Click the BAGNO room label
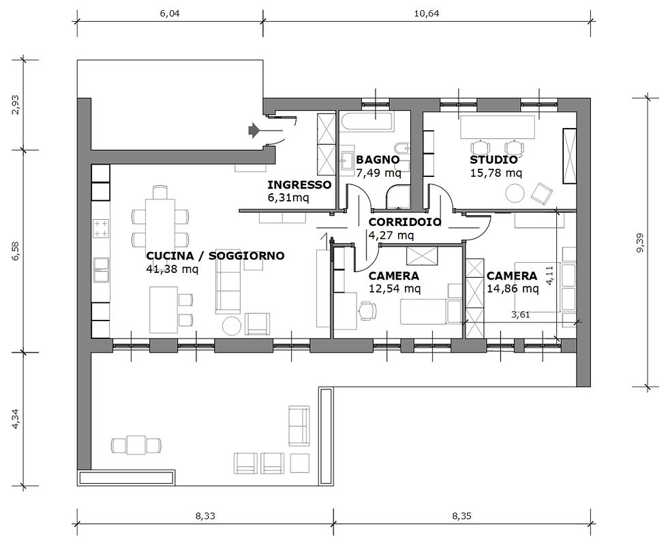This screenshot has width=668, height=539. [x=378, y=160]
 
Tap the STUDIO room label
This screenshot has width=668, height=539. [x=494, y=160]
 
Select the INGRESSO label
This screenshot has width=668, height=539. [x=299, y=185]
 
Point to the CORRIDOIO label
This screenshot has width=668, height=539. [x=405, y=222]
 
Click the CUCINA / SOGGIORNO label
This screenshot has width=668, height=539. [x=215, y=256]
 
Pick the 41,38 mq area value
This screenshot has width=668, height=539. [x=172, y=269]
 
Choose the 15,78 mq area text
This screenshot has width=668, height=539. [x=496, y=173]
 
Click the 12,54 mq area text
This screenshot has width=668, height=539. [x=395, y=289]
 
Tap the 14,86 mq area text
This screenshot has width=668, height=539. [x=513, y=289]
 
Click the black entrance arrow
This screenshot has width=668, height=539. [x=254, y=130]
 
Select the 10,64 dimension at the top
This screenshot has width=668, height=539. [x=427, y=14]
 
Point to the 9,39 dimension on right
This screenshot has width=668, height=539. [x=640, y=242]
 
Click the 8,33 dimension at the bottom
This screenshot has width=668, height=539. [x=205, y=516]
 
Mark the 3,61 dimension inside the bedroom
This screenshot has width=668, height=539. [x=520, y=315]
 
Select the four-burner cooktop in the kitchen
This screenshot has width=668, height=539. [x=101, y=228]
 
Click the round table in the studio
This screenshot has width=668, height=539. [x=514, y=193]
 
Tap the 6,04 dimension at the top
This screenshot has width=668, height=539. [x=170, y=14]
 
